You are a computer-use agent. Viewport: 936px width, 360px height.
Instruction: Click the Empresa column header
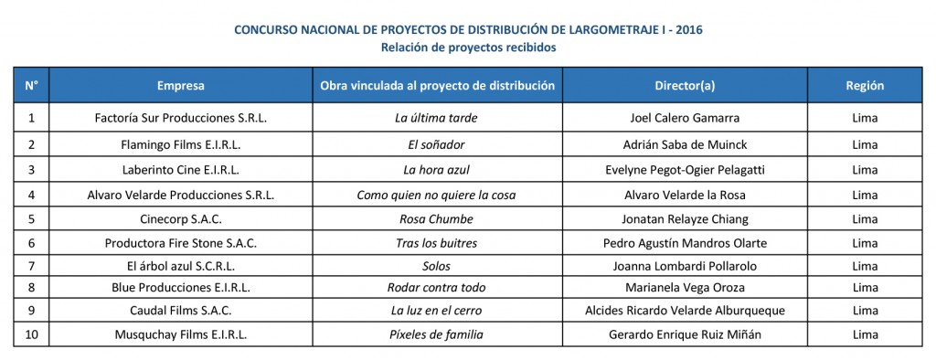180,86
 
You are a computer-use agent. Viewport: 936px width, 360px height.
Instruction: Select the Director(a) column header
685,86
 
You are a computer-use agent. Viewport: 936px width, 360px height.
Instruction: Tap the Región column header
864,86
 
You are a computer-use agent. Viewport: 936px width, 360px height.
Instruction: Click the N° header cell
32,86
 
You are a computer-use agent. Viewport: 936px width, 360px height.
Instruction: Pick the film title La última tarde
436,118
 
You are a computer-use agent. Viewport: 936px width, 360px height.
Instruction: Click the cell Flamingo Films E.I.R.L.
180,144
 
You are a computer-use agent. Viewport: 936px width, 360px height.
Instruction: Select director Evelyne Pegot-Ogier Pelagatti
685,170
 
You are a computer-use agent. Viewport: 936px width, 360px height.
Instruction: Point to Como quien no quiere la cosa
436,195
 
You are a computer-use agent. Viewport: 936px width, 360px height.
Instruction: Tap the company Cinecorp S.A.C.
180,219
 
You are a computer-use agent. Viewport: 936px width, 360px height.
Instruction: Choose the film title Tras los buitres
436,243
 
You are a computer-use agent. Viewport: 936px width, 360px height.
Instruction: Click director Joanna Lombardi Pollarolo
685,266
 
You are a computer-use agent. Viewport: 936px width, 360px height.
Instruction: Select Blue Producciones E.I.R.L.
180,288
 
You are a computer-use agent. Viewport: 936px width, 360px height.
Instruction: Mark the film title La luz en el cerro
436,311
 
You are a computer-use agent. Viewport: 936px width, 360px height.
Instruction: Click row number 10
32,334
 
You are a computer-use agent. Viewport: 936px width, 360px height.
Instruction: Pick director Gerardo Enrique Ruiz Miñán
685,334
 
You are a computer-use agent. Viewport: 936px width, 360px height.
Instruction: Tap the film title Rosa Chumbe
436,219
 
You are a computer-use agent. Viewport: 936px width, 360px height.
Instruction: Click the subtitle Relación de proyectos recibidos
468,47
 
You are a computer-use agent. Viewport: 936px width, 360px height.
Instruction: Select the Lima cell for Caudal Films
864,311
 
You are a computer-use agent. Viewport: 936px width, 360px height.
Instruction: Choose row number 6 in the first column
32,243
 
